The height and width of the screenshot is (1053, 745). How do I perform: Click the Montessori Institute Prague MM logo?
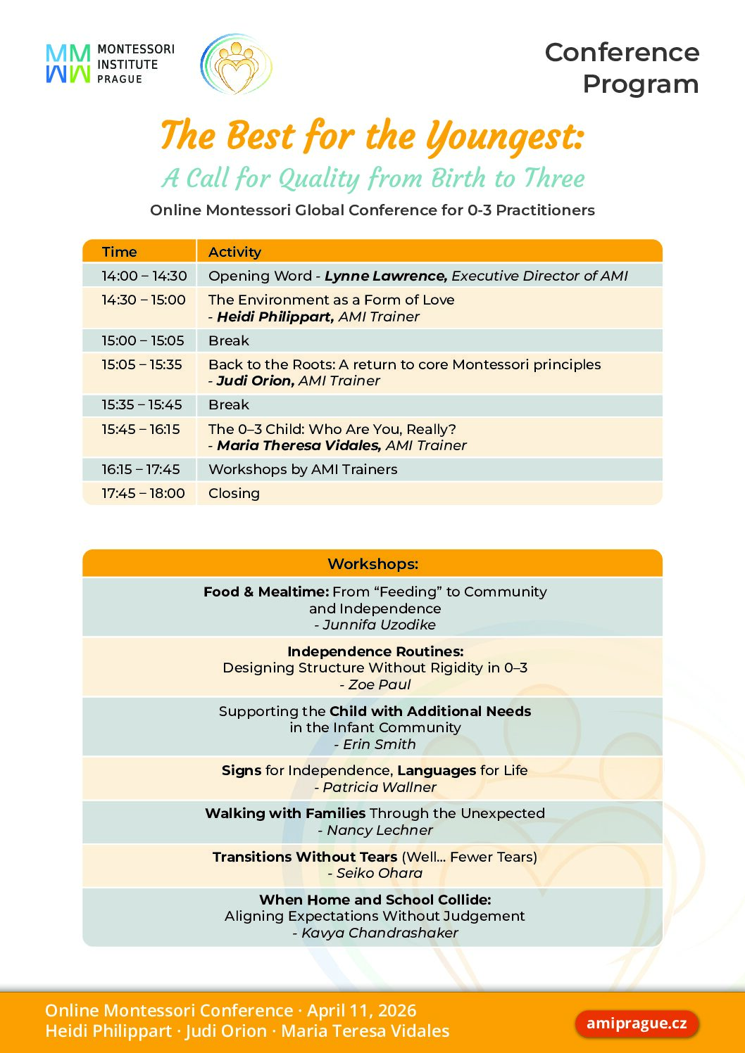point(68,64)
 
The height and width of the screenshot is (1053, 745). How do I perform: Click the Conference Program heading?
point(622,68)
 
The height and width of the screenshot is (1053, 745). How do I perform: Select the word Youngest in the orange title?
point(505,136)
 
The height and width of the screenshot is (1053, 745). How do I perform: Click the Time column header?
point(119,252)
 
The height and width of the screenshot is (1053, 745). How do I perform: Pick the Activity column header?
point(234,252)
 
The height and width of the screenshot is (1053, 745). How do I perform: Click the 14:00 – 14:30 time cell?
point(144,276)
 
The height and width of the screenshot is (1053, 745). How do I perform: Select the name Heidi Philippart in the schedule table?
point(275,317)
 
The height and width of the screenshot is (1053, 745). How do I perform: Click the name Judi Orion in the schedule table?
point(254,381)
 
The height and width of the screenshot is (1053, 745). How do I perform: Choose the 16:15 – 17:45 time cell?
point(140,469)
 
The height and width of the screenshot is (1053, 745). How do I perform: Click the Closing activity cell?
point(234,493)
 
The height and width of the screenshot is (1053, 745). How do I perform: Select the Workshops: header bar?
point(372,564)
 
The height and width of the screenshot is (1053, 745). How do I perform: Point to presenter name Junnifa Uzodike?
point(379,625)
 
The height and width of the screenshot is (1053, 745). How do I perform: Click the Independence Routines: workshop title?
point(375,651)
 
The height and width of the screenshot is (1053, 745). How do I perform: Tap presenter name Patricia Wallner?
point(379,787)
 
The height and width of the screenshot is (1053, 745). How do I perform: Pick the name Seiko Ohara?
point(379,873)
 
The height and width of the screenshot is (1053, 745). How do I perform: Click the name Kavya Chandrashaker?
point(379,933)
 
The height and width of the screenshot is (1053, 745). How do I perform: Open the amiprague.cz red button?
point(637,1023)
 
